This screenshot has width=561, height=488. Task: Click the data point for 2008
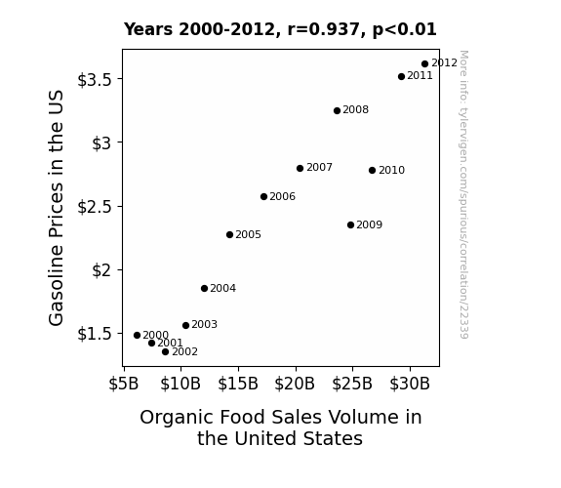coord(337,110)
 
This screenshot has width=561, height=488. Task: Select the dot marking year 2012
coord(424,64)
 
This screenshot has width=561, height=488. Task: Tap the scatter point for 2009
coord(350,224)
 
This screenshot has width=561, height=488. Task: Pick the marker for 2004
coord(204,288)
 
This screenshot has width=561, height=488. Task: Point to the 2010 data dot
coord(372,170)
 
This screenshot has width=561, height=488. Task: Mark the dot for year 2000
coord(137,335)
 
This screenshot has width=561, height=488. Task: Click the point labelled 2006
coord(263,196)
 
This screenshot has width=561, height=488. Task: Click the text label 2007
coord(319,167)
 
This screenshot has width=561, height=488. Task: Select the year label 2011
coord(421,75)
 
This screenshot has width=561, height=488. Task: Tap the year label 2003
coord(204,324)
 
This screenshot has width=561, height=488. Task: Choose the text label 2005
coord(248,234)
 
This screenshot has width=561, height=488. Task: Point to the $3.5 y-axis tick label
coord(95,79)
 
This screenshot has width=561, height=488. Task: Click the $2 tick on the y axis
coord(102,270)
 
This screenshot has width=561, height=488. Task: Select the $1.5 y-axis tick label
coord(95,334)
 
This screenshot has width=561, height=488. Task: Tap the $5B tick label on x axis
coord(124,384)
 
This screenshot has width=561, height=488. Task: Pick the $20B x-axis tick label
coord(295,384)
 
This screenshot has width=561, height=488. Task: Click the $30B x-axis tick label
coord(410,384)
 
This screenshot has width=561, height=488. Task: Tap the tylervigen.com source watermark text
coord(464,194)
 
